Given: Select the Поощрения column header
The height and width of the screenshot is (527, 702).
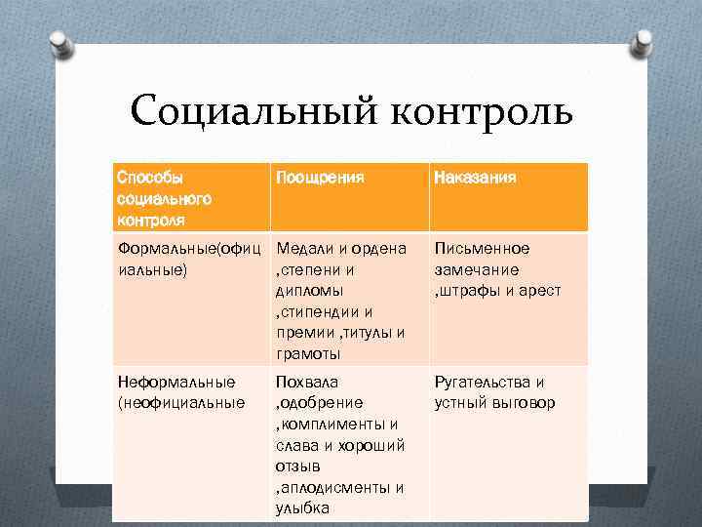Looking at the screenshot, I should [x=321, y=179].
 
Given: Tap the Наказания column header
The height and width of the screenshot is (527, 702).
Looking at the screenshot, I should [x=476, y=179].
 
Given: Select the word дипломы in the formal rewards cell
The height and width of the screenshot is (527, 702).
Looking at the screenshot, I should [x=310, y=291].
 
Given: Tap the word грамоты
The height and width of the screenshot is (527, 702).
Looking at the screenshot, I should [x=308, y=353].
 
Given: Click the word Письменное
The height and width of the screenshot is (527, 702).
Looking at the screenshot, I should [x=482, y=249].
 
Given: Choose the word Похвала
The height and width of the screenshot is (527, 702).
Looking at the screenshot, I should [x=307, y=382].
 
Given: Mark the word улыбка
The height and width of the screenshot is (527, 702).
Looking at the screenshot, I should [x=303, y=508].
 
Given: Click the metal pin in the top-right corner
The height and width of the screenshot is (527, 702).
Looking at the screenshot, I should [x=643, y=42].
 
